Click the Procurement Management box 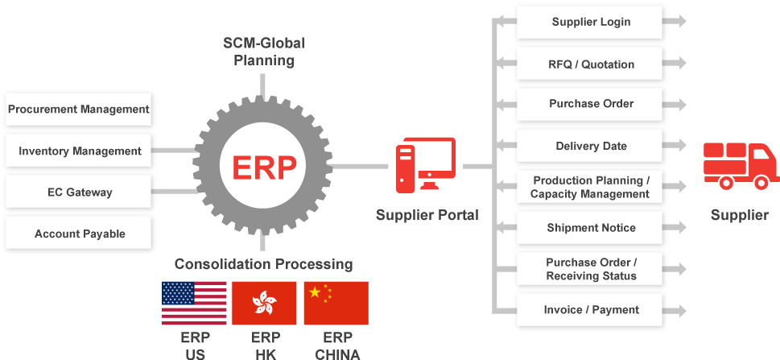(78, 109)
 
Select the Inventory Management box (78, 151)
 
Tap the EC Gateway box (78, 192)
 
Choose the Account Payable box (78, 234)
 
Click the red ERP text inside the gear (264, 168)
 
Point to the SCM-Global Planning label (264, 51)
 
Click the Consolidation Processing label (264, 263)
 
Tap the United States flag (194, 303)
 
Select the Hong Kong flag (264, 303)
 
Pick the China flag (336, 303)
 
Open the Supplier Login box (591, 22)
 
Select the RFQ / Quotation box (591, 64)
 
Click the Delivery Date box (591, 146)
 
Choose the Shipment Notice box (591, 228)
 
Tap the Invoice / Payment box (591, 309)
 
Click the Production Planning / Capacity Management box (591, 187)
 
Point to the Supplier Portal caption (427, 215)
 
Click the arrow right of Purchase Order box (679, 105)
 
